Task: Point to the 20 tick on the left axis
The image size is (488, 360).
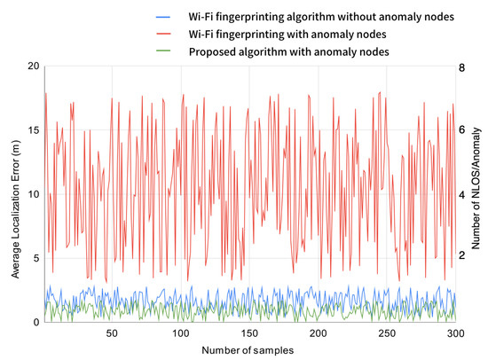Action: (34, 67)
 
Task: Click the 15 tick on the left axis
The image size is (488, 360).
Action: (34, 130)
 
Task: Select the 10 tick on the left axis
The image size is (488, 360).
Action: (34, 194)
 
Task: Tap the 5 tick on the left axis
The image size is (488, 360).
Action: (36, 258)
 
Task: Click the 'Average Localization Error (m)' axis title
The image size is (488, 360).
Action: (15, 194)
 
